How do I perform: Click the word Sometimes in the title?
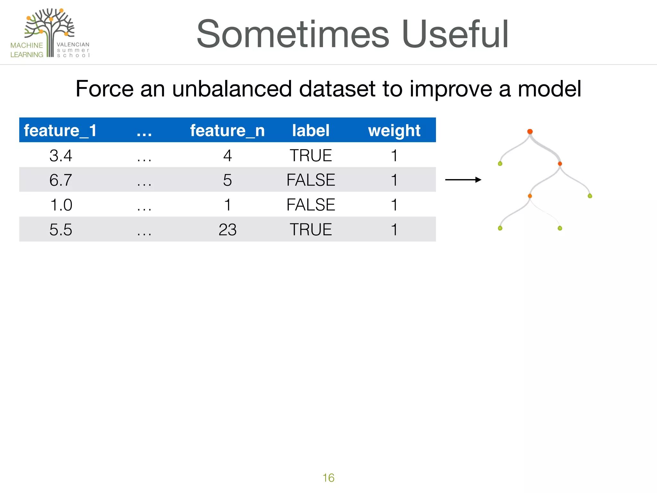pos(293,34)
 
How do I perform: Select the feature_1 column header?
pos(60,131)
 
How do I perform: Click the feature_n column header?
pos(227,131)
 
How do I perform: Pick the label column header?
pos(311,131)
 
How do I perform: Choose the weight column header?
pos(394,131)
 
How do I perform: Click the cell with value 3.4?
pos(61,156)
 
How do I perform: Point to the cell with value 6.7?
pos(61,180)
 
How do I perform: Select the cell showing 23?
pos(227,230)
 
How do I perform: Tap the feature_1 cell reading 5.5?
pos(61,230)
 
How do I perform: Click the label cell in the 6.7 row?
pos(311,180)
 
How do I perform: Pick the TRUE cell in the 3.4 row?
pos(311,156)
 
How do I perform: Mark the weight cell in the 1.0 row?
pos(394,205)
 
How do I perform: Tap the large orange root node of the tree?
pos(530,132)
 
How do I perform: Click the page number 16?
pos(328,478)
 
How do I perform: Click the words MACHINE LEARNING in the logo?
pos(27,50)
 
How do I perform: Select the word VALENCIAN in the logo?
pos(73,45)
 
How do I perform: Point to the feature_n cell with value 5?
pos(227,180)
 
